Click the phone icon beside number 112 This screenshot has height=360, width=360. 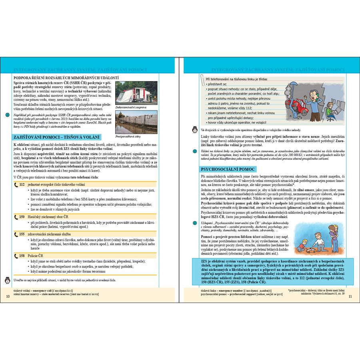click(x=16, y=185)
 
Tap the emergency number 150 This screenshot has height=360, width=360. click(x=22, y=217)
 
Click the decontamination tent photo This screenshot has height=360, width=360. click(x=130, y=93)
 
